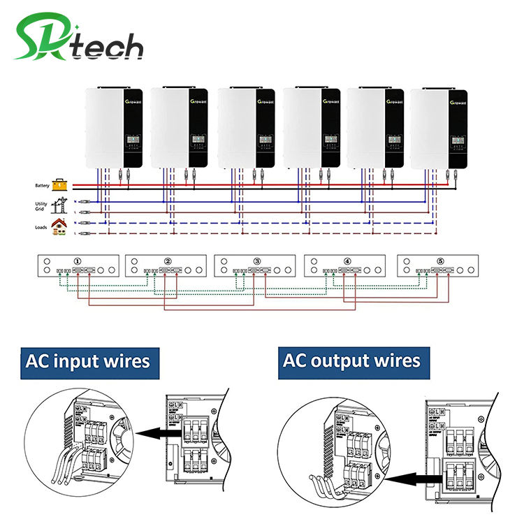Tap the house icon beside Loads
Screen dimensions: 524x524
point(59,226)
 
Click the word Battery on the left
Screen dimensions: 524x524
point(42,186)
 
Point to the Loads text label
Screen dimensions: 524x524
point(41,227)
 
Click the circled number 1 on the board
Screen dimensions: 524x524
point(78,262)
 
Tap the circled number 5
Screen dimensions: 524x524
point(440,262)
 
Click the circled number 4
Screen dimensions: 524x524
point(347,262)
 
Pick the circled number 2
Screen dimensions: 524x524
point(168,262)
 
